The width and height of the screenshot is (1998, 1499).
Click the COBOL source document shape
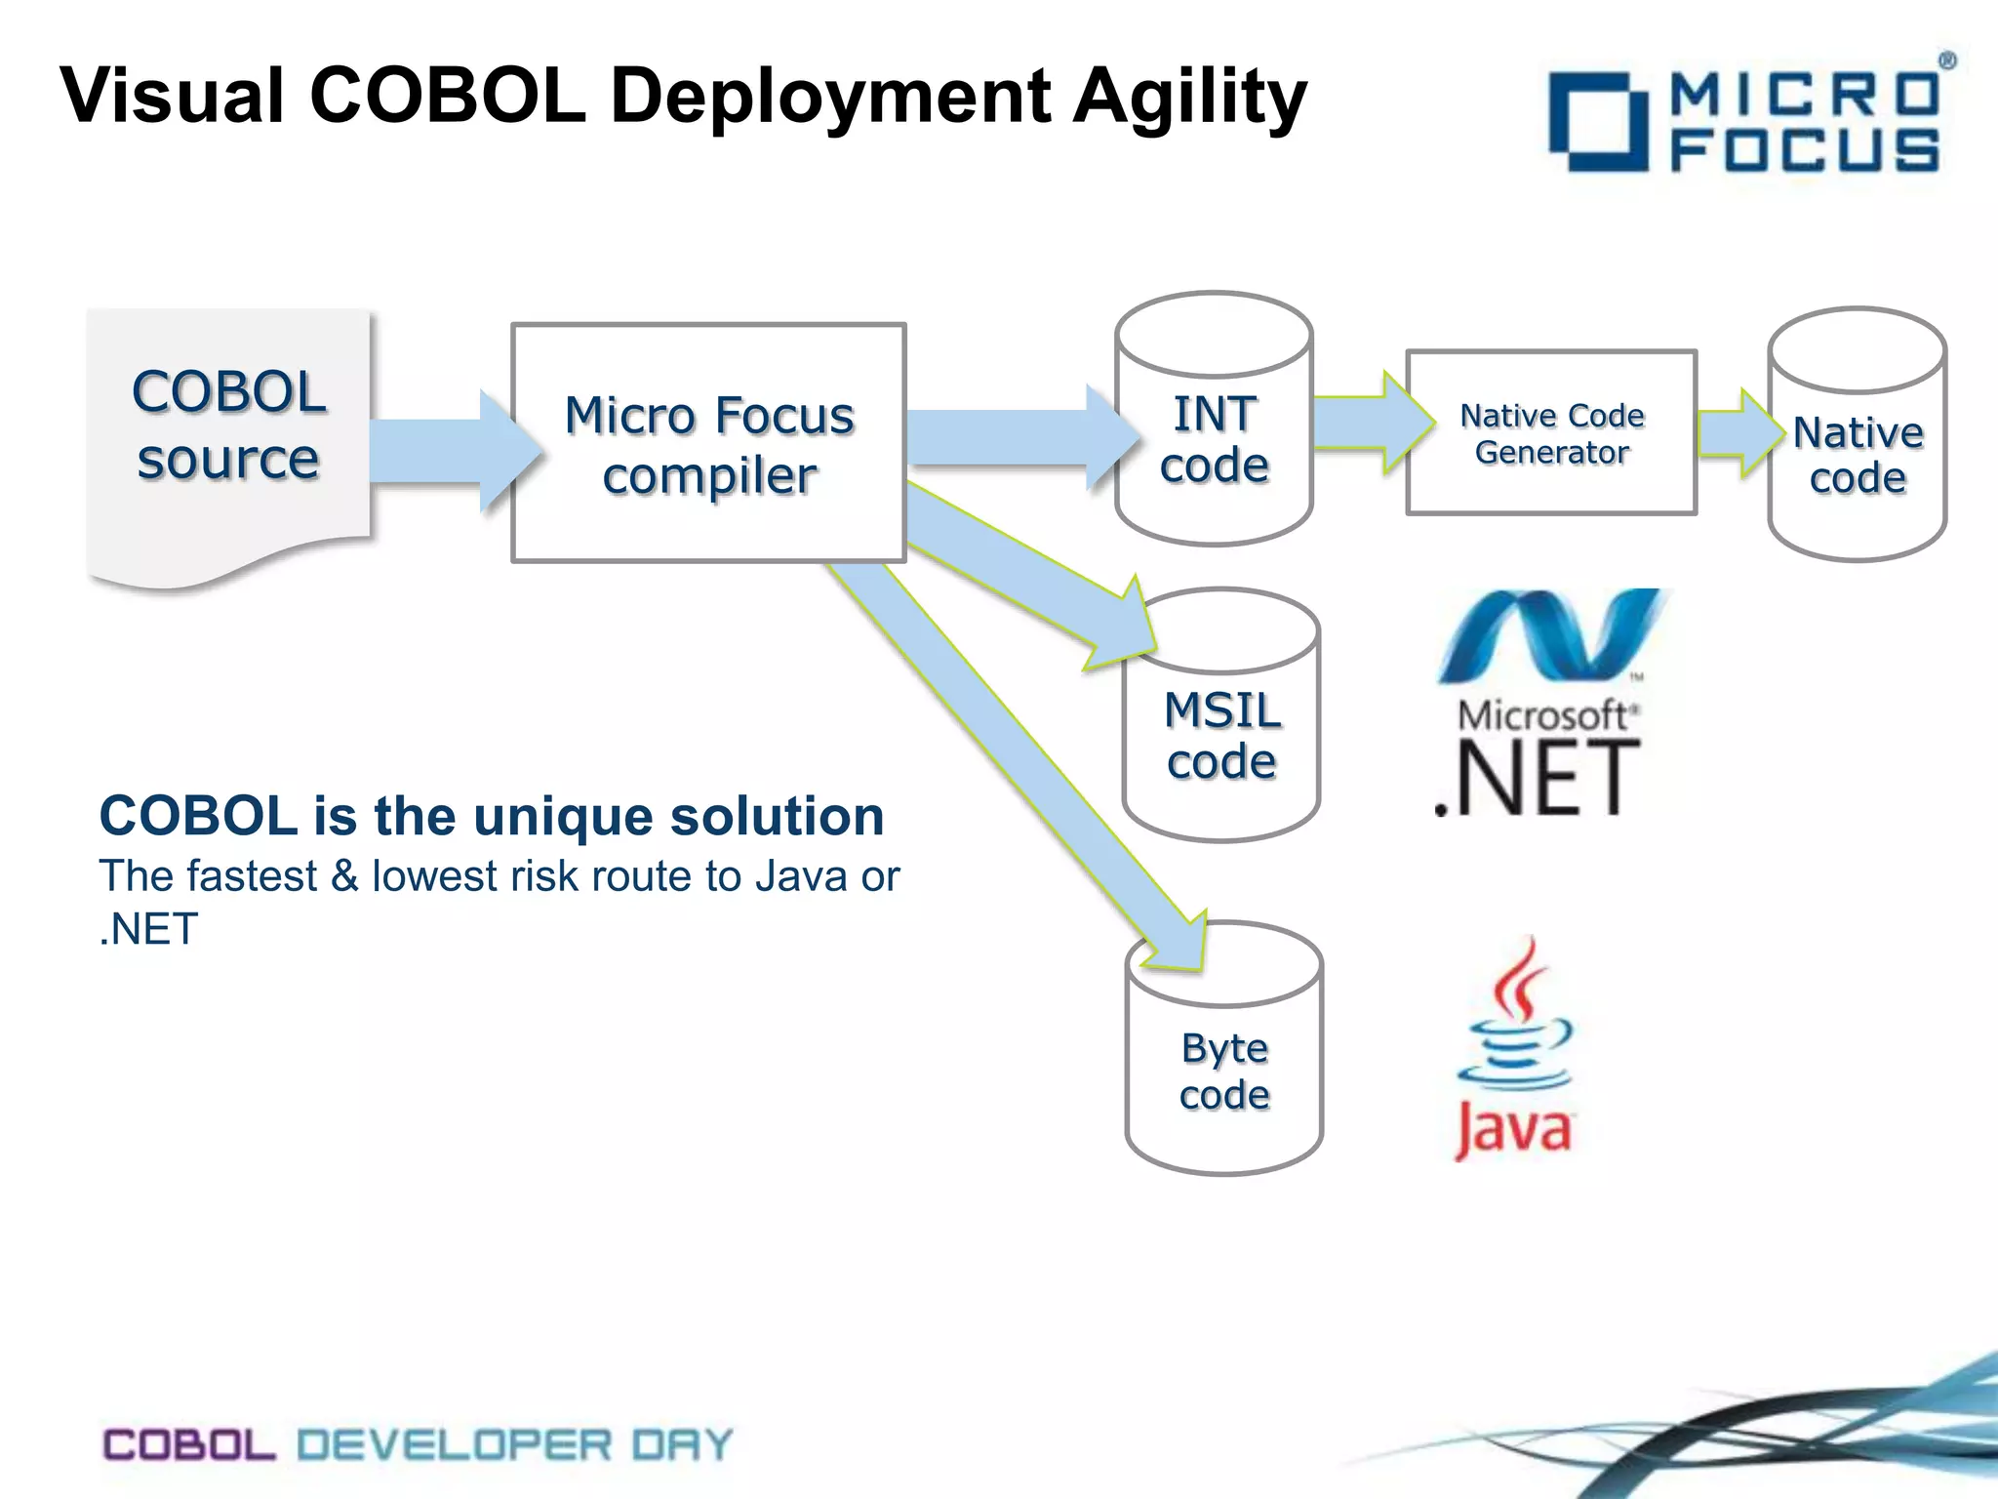[x=228, y=439]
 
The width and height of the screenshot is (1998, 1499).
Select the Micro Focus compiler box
[x=709, y=444]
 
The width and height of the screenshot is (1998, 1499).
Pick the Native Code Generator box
[x=1551, y=433]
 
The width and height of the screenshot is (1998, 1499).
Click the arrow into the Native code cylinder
[x=1737, y=433]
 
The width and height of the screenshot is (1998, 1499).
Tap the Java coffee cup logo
[x=1514, y=1049]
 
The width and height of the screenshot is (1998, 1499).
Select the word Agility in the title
[x=1190, y=98]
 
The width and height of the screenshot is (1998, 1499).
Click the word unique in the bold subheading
[x=564, y=816]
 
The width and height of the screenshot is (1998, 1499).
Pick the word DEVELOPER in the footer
[x=454, y=1444]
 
